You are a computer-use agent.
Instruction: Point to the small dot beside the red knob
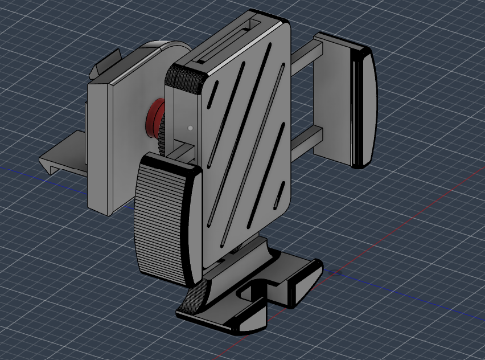pos(190,128)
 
